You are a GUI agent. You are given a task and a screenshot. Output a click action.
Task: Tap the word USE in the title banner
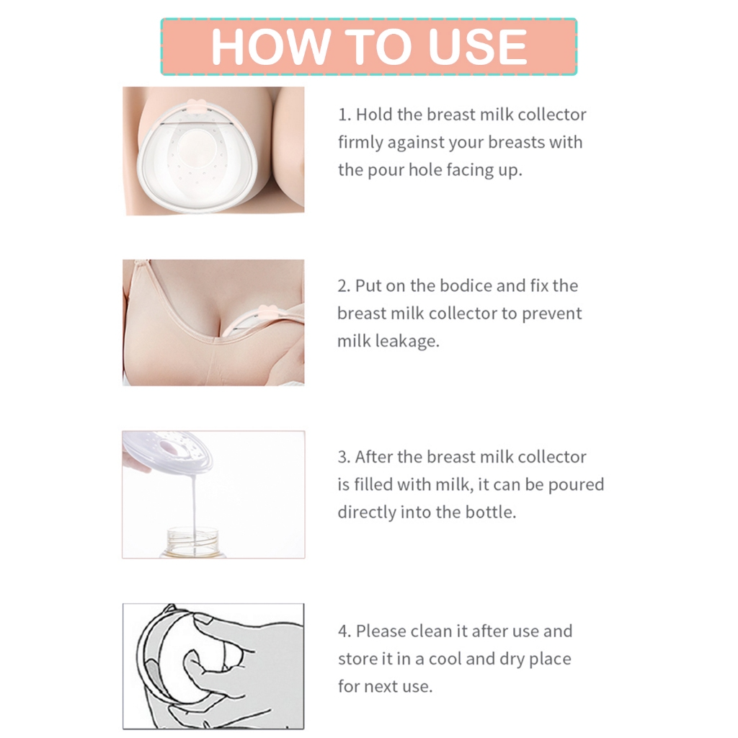click(477, 48)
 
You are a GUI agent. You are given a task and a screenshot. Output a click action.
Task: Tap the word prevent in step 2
click(552, 314)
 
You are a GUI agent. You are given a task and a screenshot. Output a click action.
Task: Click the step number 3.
click(343, 457)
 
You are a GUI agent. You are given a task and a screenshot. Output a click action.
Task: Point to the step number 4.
click(344, 631)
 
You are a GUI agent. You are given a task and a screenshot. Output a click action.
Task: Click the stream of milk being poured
click(193, 504)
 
